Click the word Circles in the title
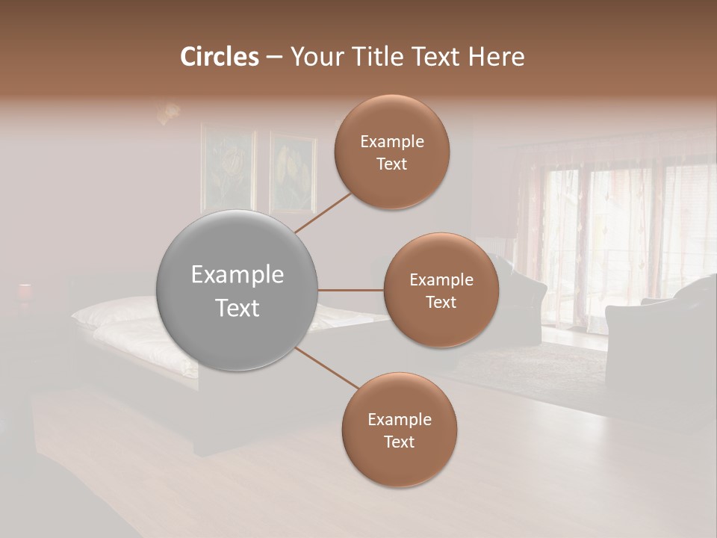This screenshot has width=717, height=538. [x=219, y=57]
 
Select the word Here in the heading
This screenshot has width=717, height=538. [x=496, y=57]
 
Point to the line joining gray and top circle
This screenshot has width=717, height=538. [x=323, y=212]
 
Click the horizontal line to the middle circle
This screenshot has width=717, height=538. [x=351, y=290]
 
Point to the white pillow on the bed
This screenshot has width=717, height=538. [x=112, y=312]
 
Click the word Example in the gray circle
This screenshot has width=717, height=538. [x=237, y=275]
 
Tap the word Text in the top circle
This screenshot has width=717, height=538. [x=391, y=164]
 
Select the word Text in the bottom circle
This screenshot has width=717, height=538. [x=399, y=442]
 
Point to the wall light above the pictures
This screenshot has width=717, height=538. [x=169, y=113]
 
